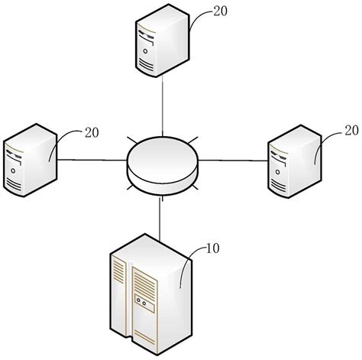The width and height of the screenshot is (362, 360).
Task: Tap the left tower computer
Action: [x=29, y=157]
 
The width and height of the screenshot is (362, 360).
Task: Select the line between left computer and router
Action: [x=92, y=160]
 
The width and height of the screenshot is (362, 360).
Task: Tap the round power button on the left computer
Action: [x=13, y=183]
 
